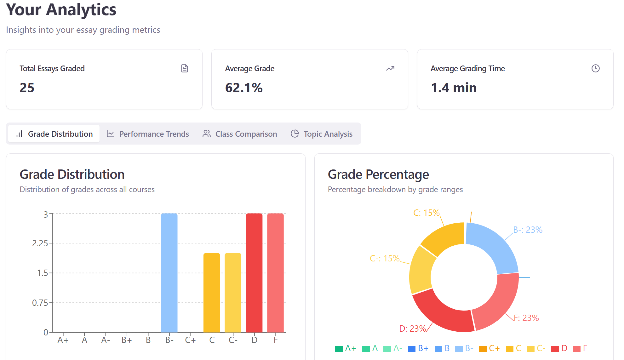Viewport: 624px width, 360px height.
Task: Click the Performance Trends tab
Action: click(148, 134)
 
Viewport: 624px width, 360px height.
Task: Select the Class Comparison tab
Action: click(240, 134)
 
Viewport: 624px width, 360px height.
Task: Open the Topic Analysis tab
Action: click(321, 134)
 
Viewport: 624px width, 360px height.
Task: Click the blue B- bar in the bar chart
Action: click(169, 272)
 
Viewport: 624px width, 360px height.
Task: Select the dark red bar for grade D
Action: click(254, 272)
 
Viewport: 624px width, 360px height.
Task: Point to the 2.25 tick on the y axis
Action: click(40, 243)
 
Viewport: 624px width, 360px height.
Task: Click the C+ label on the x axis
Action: click(190, 340)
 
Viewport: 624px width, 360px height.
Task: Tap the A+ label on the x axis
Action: click(63, 340)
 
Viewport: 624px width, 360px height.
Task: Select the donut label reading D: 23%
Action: click(413, 329)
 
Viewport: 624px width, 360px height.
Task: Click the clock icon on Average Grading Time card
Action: click(595, 68)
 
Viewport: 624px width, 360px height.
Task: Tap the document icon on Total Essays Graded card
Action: click(185, 68)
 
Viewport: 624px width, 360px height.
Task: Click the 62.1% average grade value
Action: click(244, 88)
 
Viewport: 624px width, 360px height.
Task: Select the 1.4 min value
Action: click(454, 88)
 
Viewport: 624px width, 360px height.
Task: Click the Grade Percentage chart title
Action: click(378, 174)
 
